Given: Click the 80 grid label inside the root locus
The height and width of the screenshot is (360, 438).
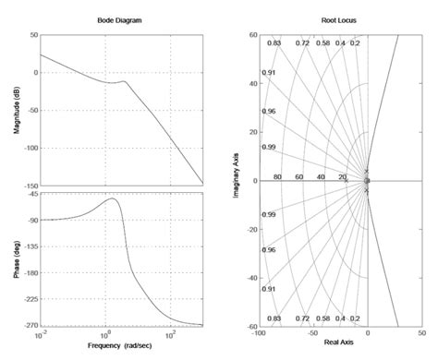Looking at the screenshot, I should (x=277, y=176).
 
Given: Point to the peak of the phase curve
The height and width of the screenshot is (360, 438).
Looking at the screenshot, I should (x=113, y=198).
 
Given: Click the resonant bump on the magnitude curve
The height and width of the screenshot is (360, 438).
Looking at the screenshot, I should (x=124, y=81).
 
